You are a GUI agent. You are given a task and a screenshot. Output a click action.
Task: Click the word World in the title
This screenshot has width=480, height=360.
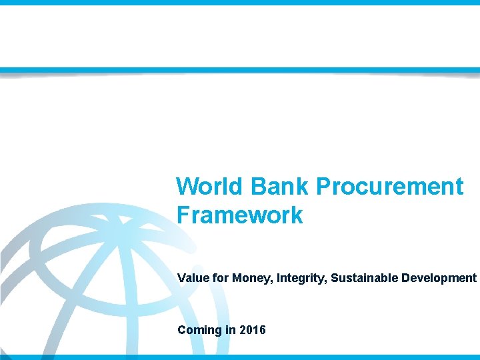click(209, 187)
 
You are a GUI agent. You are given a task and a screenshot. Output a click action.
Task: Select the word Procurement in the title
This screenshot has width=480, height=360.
click(389, 187)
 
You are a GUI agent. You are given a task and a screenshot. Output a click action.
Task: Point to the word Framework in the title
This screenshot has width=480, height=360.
click(240, 215)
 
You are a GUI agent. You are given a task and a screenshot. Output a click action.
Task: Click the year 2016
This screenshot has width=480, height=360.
click(252, 330)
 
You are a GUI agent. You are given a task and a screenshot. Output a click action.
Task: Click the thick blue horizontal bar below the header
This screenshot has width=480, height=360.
click(240, 70)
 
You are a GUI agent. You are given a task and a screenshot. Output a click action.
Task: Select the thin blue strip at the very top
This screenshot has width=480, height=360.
click(240, 3)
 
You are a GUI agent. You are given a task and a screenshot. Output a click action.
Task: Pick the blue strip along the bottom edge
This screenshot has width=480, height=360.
click(240, 357)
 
